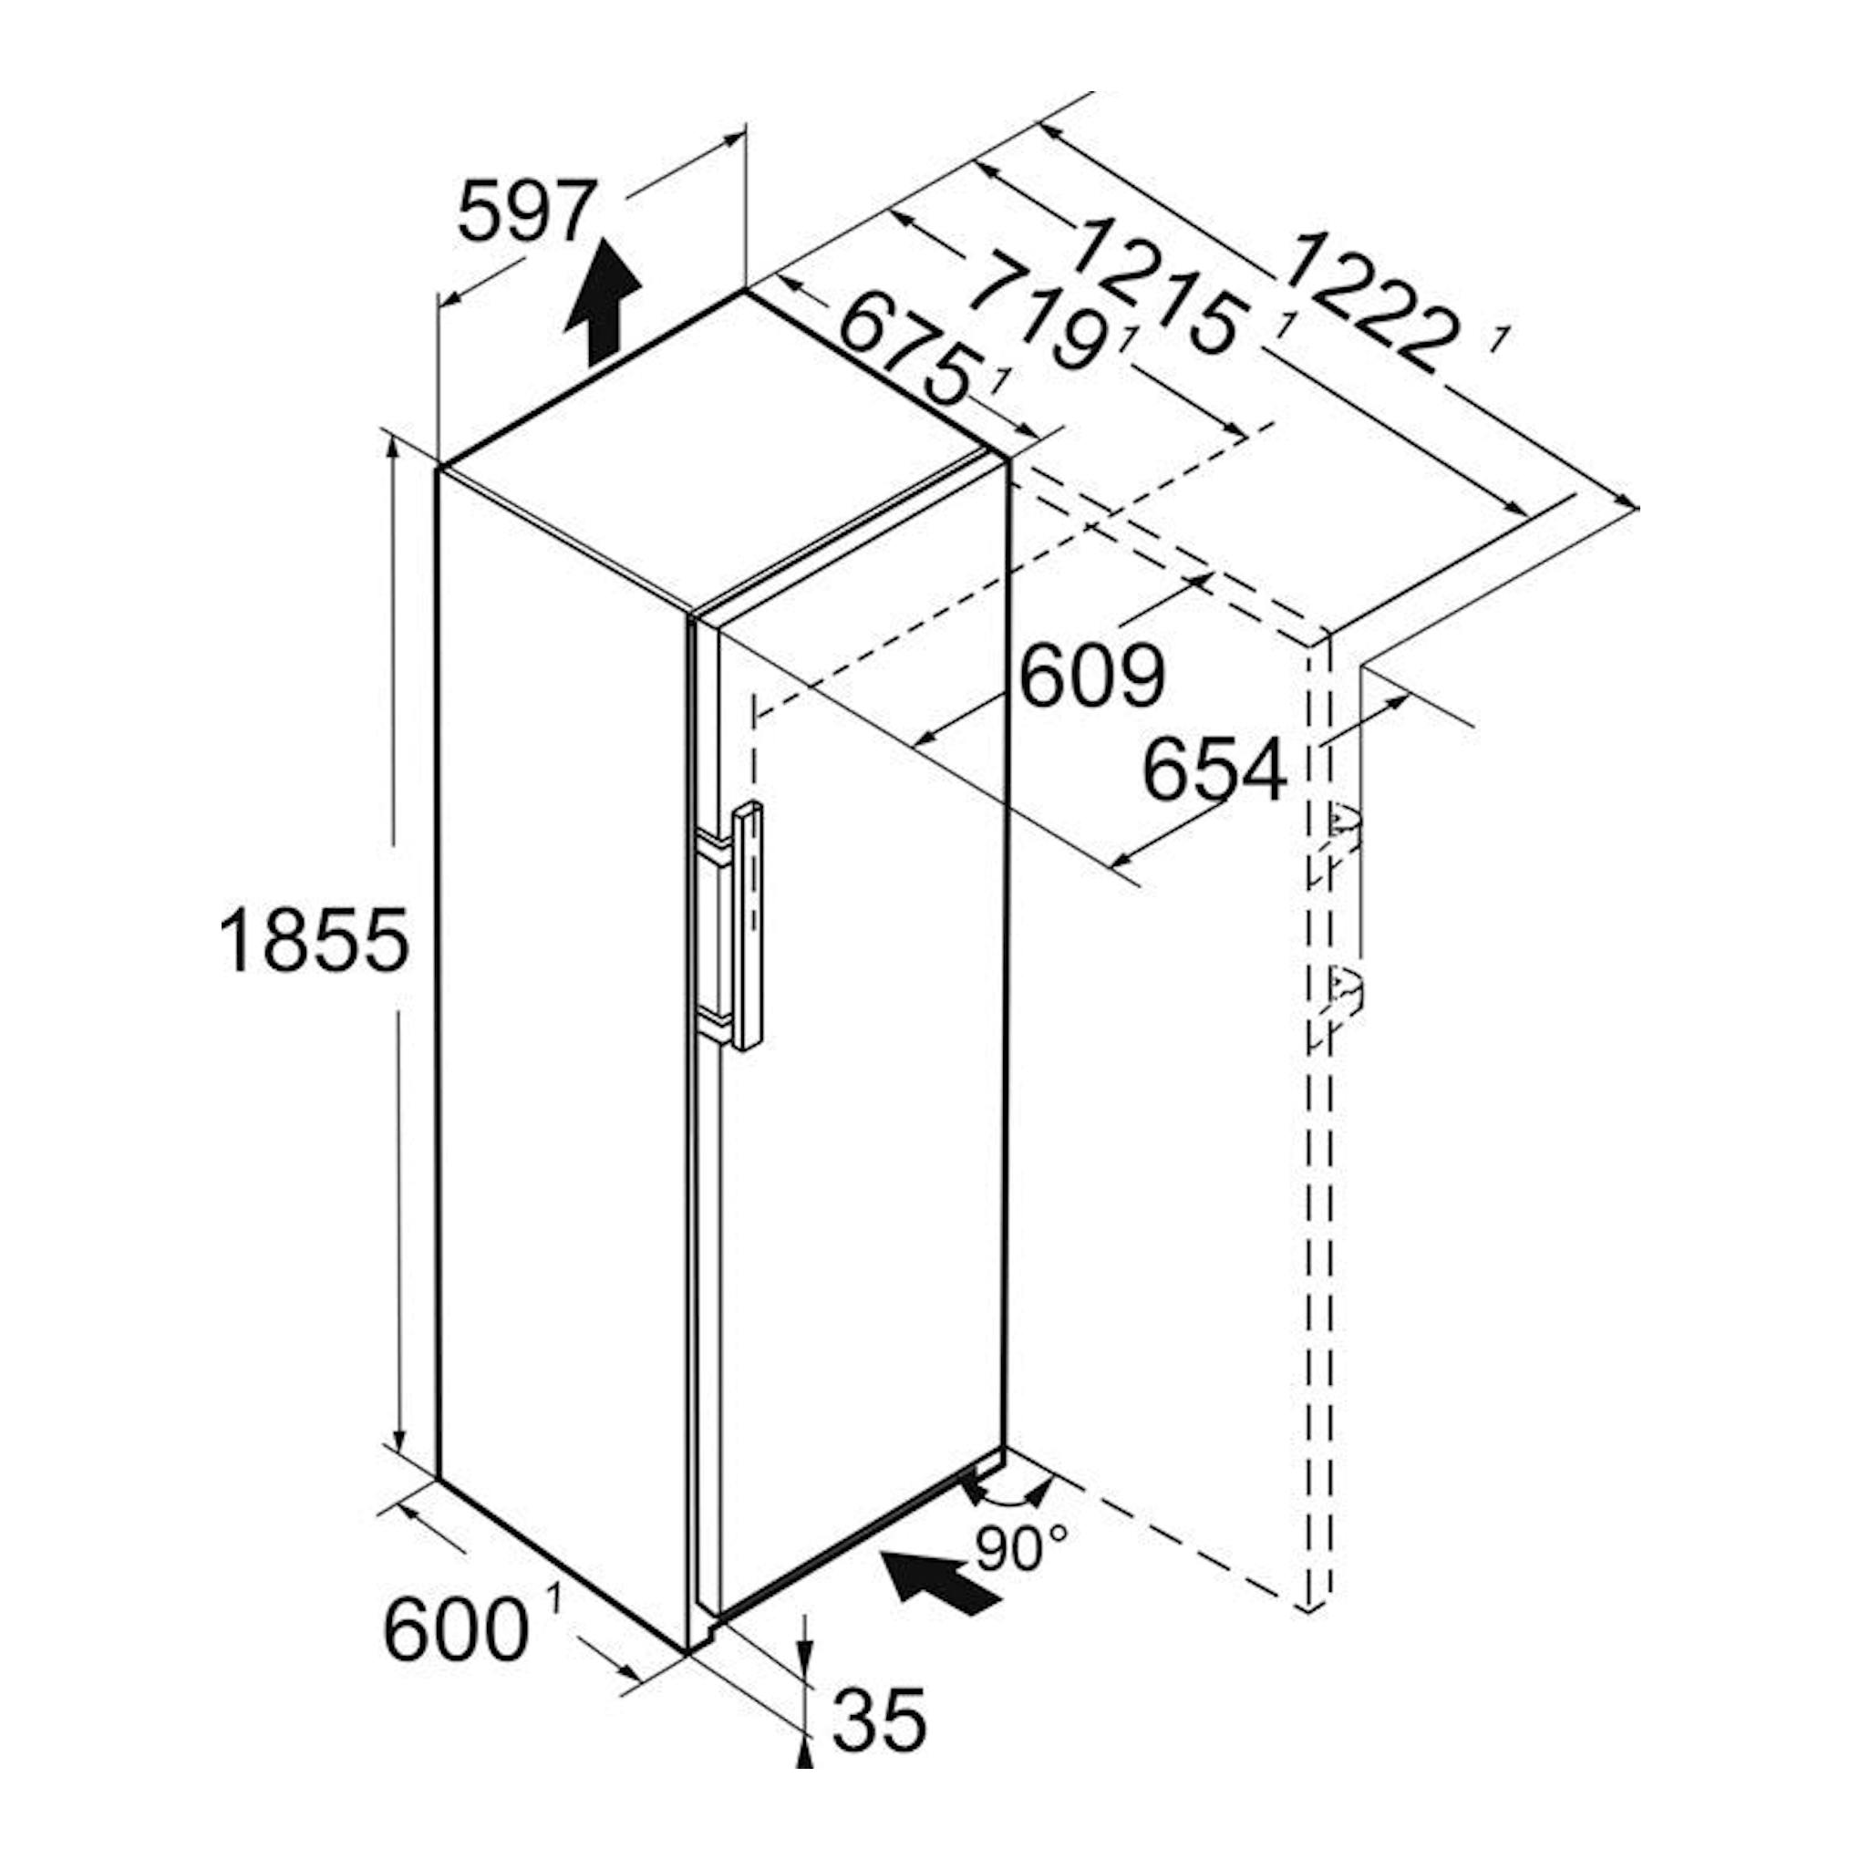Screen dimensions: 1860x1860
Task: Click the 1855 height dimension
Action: click(315, 941)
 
